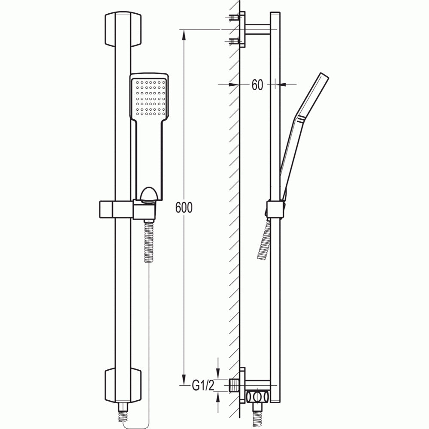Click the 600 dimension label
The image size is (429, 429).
coord(184,207)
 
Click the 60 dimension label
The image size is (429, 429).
coord(257,85)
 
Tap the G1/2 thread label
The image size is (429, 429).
coord(203,386)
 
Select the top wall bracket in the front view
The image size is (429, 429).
coord(123,29)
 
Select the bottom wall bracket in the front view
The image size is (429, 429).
coord(123,386)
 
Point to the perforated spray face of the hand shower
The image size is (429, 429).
coord(149,98)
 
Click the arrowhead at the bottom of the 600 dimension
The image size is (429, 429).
coord(184,380)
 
